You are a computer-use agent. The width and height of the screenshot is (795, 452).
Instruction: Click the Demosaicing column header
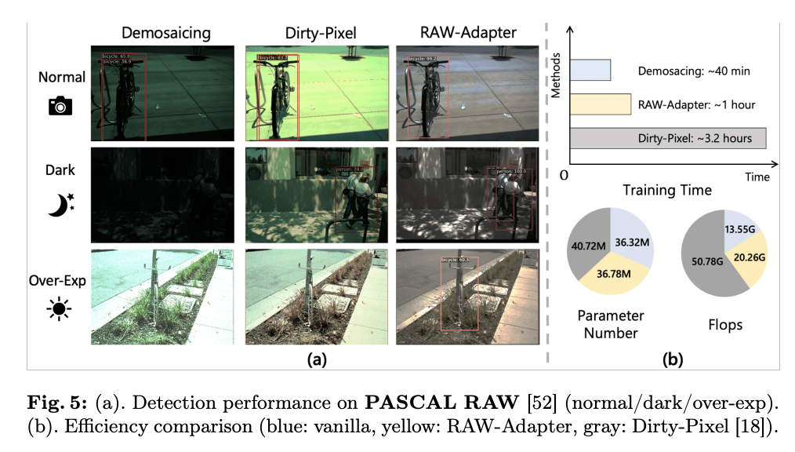pyautogui.click(x=165, y=33)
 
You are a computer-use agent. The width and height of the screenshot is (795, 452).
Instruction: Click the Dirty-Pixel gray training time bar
pyautogui.click(x=667, y=138)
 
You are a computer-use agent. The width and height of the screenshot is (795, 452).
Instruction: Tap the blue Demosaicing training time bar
pyautogui.click(x=590, y=70)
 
